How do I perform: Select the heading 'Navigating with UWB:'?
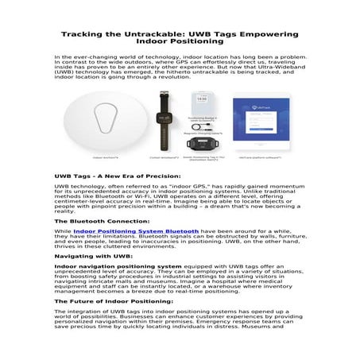87,257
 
